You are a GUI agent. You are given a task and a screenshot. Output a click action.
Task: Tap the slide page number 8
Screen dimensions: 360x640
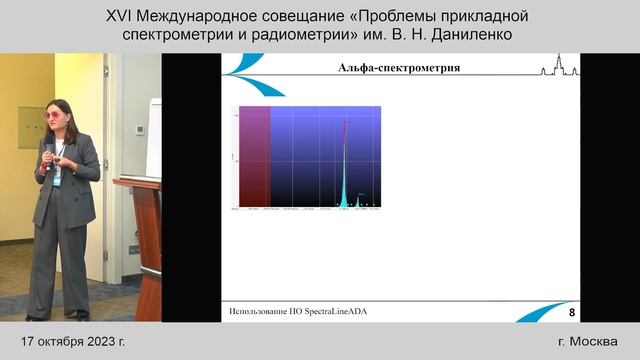click(572, 312)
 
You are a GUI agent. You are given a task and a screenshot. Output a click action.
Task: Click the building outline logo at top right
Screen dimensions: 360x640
click(559, 69)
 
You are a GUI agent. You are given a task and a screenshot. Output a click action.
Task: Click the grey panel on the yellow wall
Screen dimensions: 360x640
click(29, 127)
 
